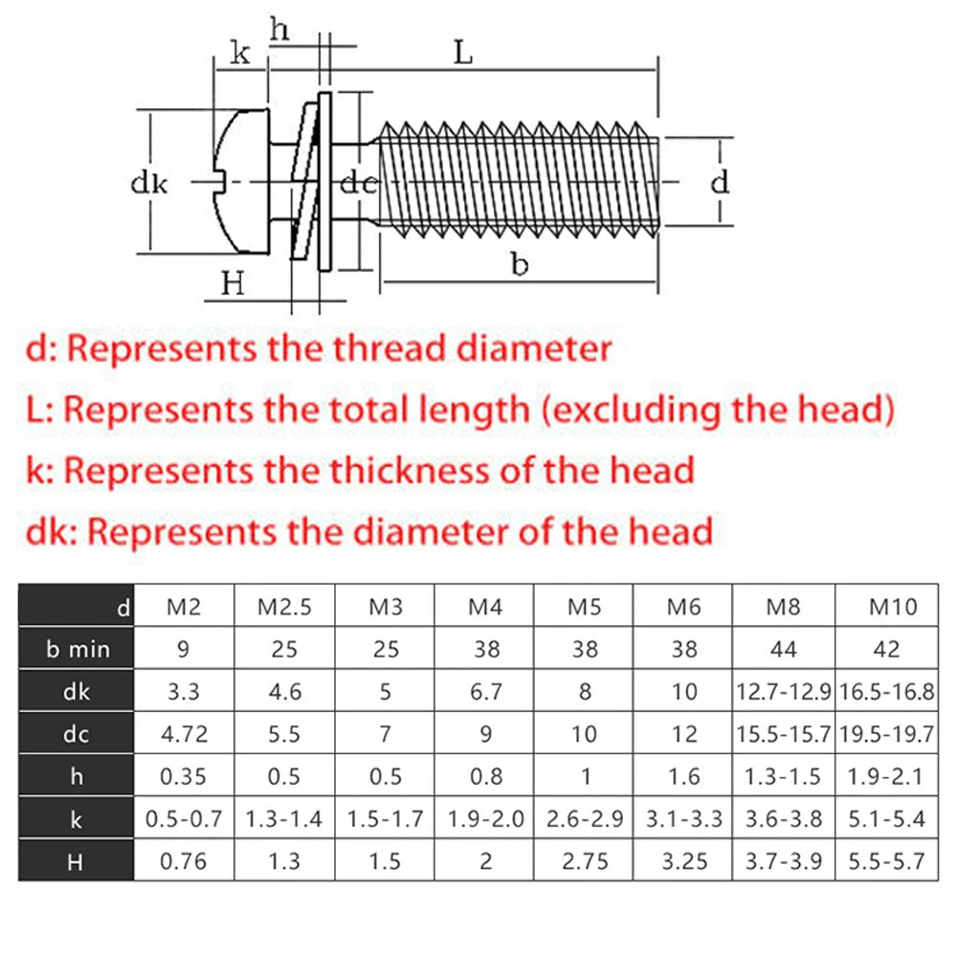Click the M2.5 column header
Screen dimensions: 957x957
pyautogui.click(x=284, y=607)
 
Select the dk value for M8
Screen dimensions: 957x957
pyautogui.click(x=783, y=692)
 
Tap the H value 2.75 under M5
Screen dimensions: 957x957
pyautogui.click(x=585, y=861)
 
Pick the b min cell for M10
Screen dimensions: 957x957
pyautogui.click(x=886, y=649)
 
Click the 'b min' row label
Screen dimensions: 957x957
pyautogui.click(x=78, y=650)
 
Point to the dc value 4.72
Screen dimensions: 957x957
pyautogui.click(x=185, y=734)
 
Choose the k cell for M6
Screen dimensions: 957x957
pyautogui.click(x=683, y=818)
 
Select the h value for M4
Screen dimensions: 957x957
pyautogui.click(x=486, y=776)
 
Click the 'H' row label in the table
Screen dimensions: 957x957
pyautogui.click(x=75, y=862)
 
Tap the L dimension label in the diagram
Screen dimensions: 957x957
pyautogui.click(x=464, y=53)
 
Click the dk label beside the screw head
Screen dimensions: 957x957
pyautogui.click(x=149, y=183)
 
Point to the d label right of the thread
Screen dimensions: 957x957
pyautogui.click(x=720, y=181)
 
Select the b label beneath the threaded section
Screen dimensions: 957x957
pyautogui.click(x=520, y=264)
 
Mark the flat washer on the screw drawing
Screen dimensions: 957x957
pyautogui.click(x=324, y=181)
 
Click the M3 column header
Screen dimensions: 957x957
pyautogui.click(x=386, y=607)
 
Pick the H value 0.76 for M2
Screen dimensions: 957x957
pyautogui.click(x=183, y=861)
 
